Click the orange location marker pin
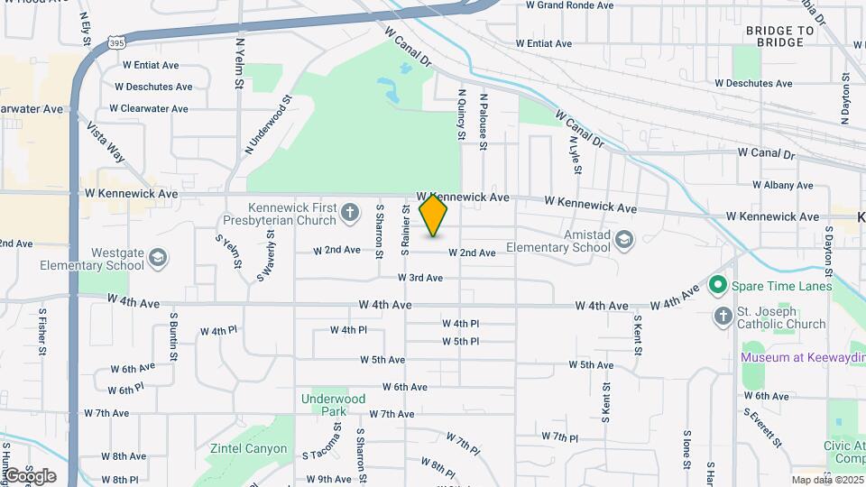tap(434, 215)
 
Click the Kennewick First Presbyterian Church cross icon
tap(351, 214)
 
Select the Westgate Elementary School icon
tap(158, 259)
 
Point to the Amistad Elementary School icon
tap(624, 240)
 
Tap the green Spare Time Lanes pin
tap(718, 286)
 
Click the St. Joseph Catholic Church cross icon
tap(723, 317)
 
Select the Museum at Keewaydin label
tap(801, 357)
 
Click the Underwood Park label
tap(334, 405)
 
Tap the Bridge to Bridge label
tap(780, 37)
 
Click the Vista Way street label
tap(106, 141)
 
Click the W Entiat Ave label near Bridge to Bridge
tap(544, 43)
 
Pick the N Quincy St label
tap(461, 114)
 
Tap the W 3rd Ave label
tap(420, 278)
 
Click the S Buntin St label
tap(172, 338)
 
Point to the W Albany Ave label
tap(782, 185)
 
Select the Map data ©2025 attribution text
tap(826, 480)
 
